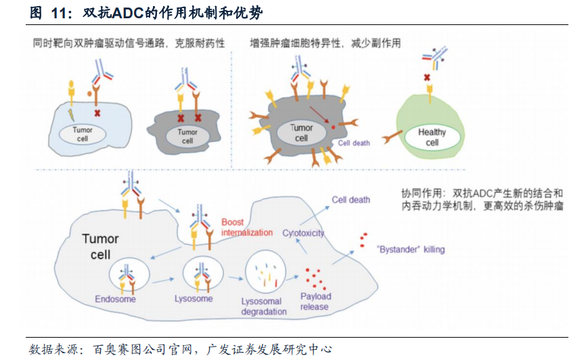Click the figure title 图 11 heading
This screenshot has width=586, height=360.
click(x=145, y=13)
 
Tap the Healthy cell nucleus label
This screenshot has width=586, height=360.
click(x=432, y=137)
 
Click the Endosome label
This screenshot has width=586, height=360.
click(x=115, y=298)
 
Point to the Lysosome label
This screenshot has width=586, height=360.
click(x=194, y=298)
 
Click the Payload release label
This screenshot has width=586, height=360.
click(x=315, y=301)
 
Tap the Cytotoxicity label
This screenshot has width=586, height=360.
click(x=303, y=233)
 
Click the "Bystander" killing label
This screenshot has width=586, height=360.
click(x=411, y=250)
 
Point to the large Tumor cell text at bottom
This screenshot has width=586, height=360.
click(x=100, y=246)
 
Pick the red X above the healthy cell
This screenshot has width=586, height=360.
click(x=427, y=78)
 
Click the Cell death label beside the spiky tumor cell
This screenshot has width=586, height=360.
click(x=354, y=143)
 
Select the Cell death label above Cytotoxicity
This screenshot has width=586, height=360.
click(x=351, y=200)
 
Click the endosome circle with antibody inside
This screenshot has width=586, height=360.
click(x=125, y=273)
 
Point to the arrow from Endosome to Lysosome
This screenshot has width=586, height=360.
click(x=162, y=277)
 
